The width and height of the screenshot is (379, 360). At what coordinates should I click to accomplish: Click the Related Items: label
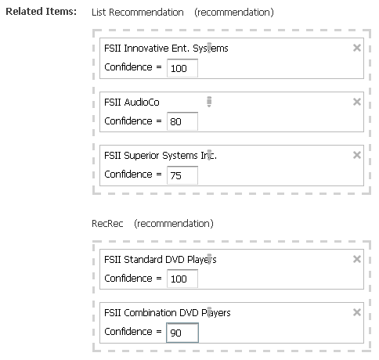coord(42,12)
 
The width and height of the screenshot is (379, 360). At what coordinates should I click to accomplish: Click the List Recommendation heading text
coord(138,13)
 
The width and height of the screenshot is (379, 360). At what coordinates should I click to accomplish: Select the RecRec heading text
coord(107,224)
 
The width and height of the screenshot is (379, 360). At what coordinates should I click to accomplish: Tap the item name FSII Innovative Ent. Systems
coord(166,49)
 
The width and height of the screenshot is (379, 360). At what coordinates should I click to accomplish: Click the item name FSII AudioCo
coord(132,102)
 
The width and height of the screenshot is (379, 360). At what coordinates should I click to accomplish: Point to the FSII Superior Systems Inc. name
coord(161,156)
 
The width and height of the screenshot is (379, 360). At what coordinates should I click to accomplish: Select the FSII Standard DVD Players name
coord(160,260)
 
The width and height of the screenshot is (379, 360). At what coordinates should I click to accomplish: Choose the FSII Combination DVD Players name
coord(168,312)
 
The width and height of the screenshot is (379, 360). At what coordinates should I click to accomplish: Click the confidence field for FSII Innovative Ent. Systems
coord(182,68)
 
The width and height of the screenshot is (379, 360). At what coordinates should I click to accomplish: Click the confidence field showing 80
coord(182,121)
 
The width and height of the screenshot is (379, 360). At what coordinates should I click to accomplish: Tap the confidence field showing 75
coord(182,175)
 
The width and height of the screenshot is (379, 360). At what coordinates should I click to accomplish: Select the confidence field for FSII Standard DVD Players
coord(182,279)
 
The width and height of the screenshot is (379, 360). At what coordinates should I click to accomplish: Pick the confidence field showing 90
coord(182,333)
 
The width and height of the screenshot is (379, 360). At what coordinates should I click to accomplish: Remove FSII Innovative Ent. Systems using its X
coord(357,48)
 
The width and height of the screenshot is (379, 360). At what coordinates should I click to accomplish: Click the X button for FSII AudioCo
coord(357,102)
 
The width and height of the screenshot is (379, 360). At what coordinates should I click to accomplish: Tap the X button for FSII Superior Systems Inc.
coord(357,155)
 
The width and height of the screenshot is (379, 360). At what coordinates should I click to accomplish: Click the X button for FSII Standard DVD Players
coord(357,259)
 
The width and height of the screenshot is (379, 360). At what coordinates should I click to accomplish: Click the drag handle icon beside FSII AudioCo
coord(209,102)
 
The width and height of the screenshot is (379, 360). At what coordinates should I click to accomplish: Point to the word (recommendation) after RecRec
coord(174,224)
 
